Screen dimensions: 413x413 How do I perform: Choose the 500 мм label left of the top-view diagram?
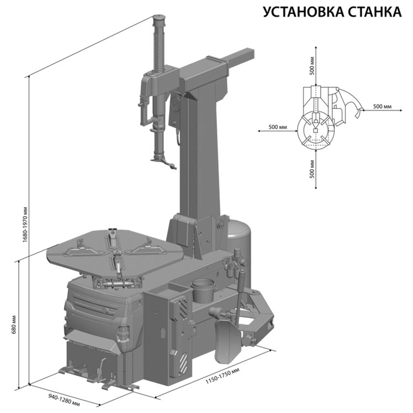[x=277, y=126]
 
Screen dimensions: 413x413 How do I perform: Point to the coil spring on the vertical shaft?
[x=160, y=47]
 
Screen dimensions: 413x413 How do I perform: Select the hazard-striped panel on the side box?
[x=182, y=333]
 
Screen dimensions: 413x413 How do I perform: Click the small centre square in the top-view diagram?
[x=315, y=131]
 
